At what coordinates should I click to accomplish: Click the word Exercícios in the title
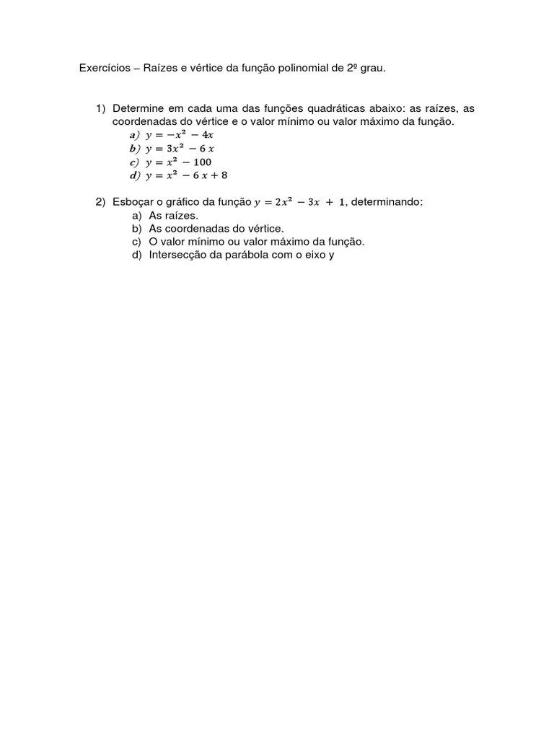(x=104, y=69)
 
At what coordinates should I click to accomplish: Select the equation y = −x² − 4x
(x=179, y=135)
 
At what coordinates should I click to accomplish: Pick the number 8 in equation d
(x=224, y=175)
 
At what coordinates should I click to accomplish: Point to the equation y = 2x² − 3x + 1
(x=299, y=202)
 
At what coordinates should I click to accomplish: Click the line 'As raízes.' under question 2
(x=173, y=215)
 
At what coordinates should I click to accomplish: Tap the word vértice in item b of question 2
(x=265, y=229)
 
